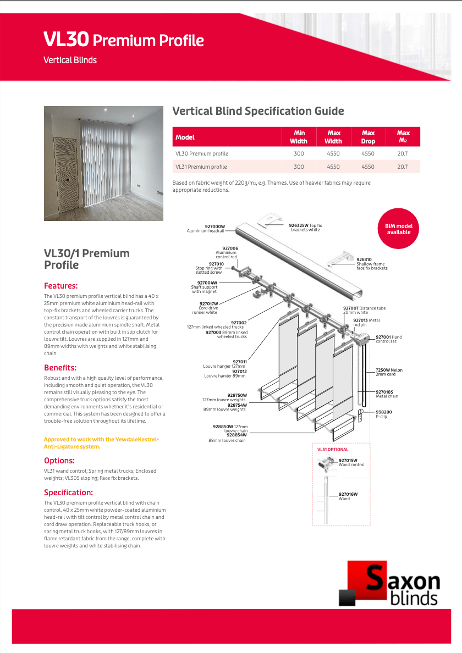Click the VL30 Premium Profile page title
click(x=124, y=40)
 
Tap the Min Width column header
click(x=299, y=137)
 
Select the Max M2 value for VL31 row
click(x=403, y=167)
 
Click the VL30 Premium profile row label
click(x=202, y=153)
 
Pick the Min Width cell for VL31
click(x=299, y=167)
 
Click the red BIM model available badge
click(x=398, y=229)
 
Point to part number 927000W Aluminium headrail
click(x=206, y=229)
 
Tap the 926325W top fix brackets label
click(x=305, y=227)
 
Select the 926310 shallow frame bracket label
click(x=371, y=264)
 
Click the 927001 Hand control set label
click(x=388, y=339)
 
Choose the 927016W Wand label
click(x=348, y=496)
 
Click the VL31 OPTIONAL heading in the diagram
click(x=333, y=450)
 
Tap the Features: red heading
click(x=61, y=286)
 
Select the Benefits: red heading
click(x=60, y=368)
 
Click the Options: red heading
click(x=59, y=461)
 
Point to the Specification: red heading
click(x=68, y=492)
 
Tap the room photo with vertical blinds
click(x=103, y=163)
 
